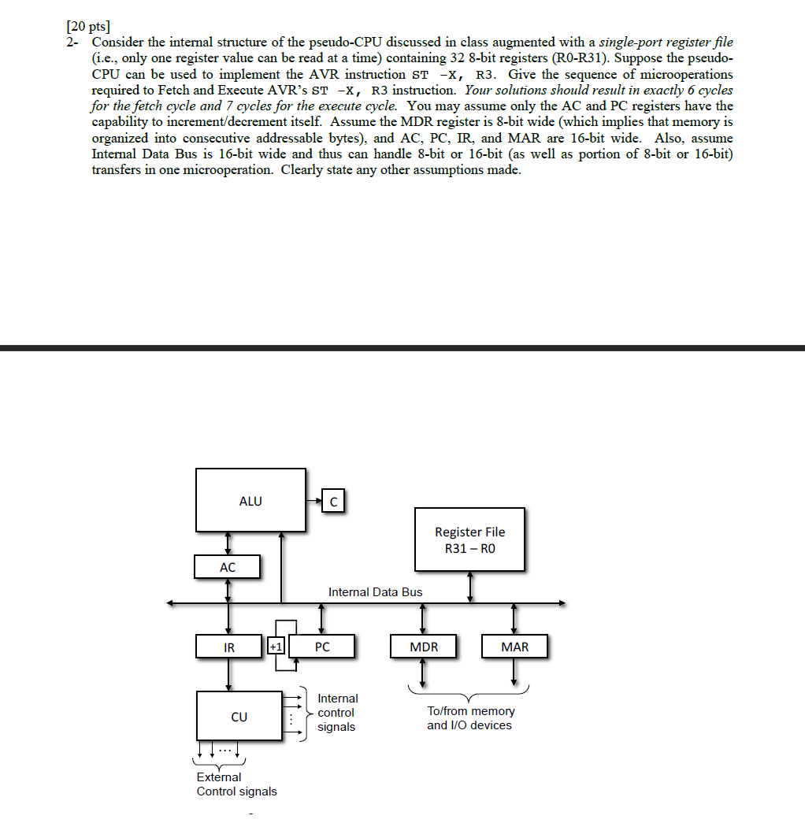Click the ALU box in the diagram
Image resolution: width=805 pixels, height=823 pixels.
250,500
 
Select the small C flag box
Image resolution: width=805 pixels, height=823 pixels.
334,500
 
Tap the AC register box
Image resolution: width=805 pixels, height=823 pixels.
227,566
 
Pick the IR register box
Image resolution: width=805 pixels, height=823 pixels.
228,647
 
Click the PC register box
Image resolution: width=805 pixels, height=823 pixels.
322,647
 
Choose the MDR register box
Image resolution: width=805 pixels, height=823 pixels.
423,647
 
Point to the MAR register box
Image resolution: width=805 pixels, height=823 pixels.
514,647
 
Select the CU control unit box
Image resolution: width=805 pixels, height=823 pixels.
239,717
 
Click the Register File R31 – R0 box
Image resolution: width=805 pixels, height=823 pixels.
470,539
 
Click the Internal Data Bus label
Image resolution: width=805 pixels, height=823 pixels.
375,592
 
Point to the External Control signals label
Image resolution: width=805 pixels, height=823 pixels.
236,784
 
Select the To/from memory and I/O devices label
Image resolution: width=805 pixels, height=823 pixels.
469,718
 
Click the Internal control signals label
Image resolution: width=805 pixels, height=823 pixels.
337,713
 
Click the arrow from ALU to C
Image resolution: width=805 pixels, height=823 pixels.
315,500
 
